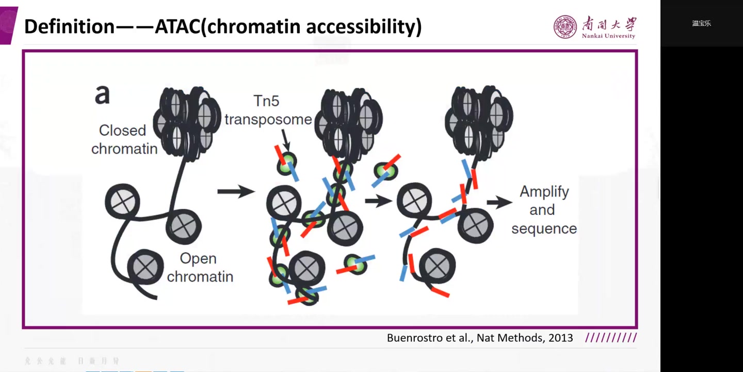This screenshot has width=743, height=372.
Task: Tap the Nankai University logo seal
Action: [x=565, y=27]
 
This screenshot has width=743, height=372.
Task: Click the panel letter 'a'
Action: [x=102, y=95]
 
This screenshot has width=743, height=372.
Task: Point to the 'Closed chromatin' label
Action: [x=124, y=139]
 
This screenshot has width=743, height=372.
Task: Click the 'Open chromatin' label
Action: [x=200, y=267]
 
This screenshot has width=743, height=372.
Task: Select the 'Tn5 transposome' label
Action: [x=268, y=110]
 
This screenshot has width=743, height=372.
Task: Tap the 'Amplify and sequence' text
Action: [x=544, y=210]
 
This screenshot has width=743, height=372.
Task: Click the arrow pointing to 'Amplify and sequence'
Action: [x=499, y=202]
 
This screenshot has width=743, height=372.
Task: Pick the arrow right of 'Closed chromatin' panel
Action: [x=236, y=192]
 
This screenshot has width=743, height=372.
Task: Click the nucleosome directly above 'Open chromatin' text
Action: [x=183, y=225]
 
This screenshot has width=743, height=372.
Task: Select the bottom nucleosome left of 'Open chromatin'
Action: [x=145, y=267]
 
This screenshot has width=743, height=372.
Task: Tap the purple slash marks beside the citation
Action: [x=611, y=338]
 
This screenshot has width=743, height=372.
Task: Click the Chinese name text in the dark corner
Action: [x=701, y=23]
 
